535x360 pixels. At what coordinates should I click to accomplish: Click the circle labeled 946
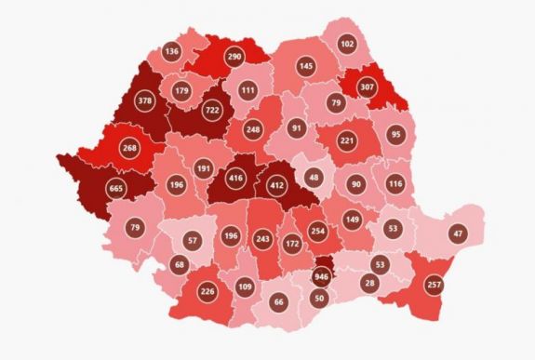click(x=322, y=275)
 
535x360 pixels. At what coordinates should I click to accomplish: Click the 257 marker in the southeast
click(x=434, y=283)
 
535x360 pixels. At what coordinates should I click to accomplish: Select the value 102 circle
click(x=347, y=44)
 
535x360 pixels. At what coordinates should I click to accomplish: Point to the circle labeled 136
click(x=171, y=51)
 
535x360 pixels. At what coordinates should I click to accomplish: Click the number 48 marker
click(x=314, y=177)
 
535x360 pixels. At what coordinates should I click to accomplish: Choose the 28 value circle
click(x=368, y=283)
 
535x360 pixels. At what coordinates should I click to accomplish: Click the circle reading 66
click(x=278, y=302)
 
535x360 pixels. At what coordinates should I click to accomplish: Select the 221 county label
click(x=347, y=140)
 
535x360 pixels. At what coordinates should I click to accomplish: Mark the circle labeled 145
click(x=305, y=66)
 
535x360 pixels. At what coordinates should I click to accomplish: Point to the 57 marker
click(x=193, y=241)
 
